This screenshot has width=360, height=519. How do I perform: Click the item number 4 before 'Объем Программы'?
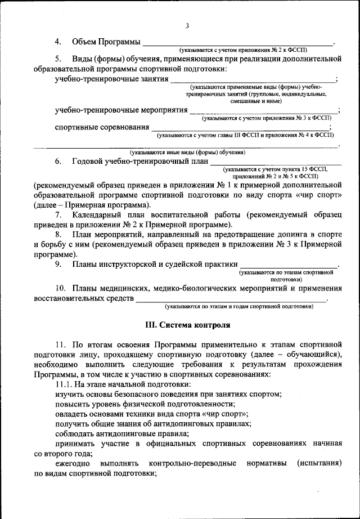point(57,43)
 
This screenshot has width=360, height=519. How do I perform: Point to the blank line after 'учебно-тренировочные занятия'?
point(253,80)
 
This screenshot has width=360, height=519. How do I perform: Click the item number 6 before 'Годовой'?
point(57,162)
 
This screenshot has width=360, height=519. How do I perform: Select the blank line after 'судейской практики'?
point(289,265)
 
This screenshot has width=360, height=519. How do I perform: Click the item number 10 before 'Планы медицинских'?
point(60,288)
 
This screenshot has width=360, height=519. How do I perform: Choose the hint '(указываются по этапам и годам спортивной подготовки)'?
point(238,307)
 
